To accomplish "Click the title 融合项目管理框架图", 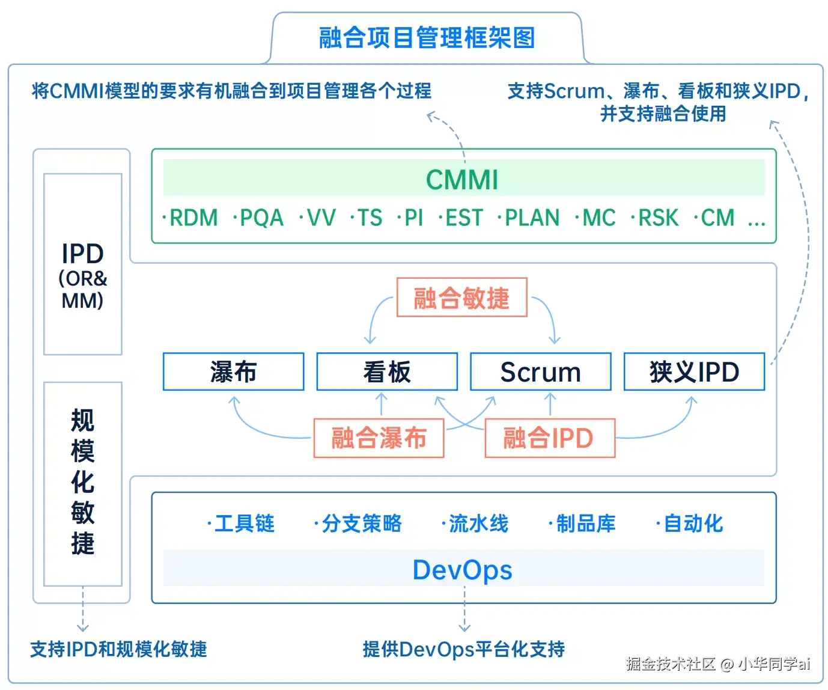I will pyautogui.click(x=427, y=38).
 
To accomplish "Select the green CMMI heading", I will pyautogui.click(x=462, y=179).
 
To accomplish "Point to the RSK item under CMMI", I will pyautogui.click(x=657, y=218).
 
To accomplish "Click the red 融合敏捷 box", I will pyautogui.click(x=461, y=298).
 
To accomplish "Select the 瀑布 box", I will pyautogui.click(x=233, y=372).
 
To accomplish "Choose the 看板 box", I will pyautogui.click(x=387, y=372).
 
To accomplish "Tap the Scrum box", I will pyautogui.click(x=540, y=372).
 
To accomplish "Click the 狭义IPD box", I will pyautogui.click(x=694, y=372).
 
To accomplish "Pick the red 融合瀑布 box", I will pyautogui.click(x=379, y=438).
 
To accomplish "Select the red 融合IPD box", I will pyautogui.click(x=549, y=438).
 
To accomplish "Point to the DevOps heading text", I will pyautogui.click(x=462, y=570).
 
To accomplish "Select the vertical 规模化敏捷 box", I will pyautogui.click(x=83, y=483).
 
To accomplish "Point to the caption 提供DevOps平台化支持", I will pyautogui.click(x=463, y=649).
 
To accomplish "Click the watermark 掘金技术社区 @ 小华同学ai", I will pyautogui.click(x=717, y=664).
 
